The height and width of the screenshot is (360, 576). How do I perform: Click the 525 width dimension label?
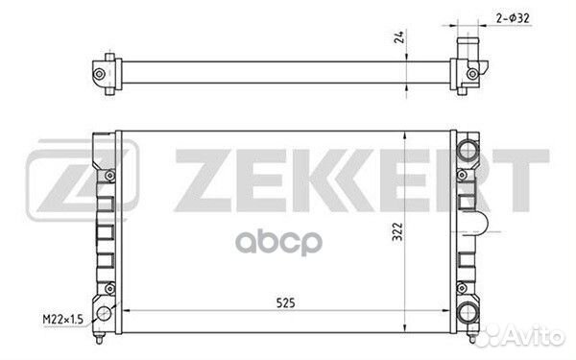click(285, 303)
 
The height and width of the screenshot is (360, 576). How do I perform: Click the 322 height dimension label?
click(397, 231)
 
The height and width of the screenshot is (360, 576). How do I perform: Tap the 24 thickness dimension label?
click(399, 37)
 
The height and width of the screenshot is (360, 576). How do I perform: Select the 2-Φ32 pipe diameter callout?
click(513, 18)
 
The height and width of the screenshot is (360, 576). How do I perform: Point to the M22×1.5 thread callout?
click(62, 320)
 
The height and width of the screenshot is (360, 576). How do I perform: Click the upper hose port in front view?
click(468, 150)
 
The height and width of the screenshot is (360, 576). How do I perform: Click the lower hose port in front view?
click(468, 313)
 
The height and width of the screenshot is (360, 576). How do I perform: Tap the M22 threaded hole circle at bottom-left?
click(104, 314)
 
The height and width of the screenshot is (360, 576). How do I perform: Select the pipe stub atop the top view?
click(468, 48)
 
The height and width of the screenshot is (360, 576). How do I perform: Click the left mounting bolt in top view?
click(99, 74)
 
